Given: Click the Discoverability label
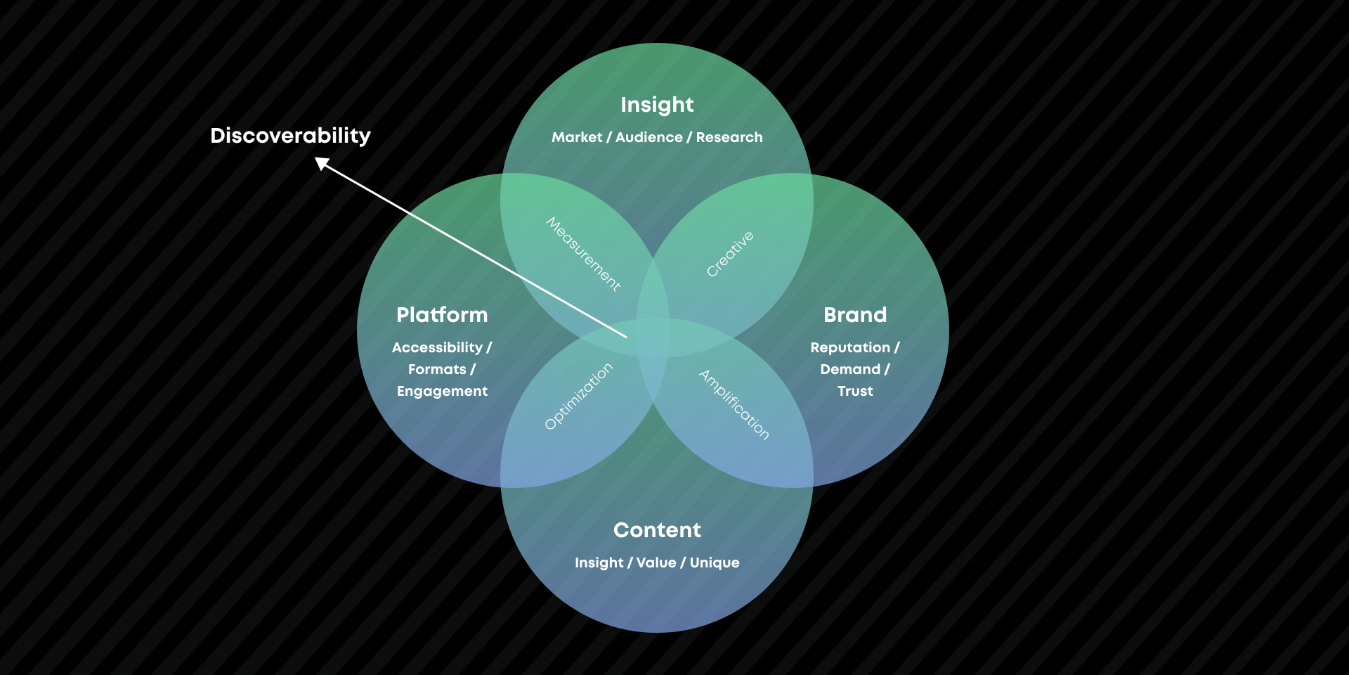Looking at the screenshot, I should tap(290, 136).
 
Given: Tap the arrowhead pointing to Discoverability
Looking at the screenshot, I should tap(322, 164).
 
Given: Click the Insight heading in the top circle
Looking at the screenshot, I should tap(657, 105).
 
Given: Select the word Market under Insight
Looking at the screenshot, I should tap(577, 137).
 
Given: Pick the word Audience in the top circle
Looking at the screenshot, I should tap(649, 137).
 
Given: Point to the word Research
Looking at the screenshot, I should tap(729, 137).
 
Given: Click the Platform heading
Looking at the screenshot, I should tap(442, 315).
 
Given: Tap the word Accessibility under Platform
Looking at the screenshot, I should tap(437, 347).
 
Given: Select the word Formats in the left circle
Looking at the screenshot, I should tap(437, 369).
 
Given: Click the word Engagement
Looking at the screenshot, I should tap(442, 391).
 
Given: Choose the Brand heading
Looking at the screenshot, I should tap(855, 315).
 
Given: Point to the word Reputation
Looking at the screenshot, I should tap(850, 347).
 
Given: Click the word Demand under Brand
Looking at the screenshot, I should tap(850, 369).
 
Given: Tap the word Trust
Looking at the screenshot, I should tap(855, 391).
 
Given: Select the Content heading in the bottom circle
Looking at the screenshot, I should tap(657, 530).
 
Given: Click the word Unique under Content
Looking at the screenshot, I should tap(715, 562).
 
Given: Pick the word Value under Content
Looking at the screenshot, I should tap(656, 562).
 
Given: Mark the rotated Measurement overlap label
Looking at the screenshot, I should tap(583, 254).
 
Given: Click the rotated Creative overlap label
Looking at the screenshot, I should tap(730, 254).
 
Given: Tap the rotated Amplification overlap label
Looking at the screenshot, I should tap(734, 404).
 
